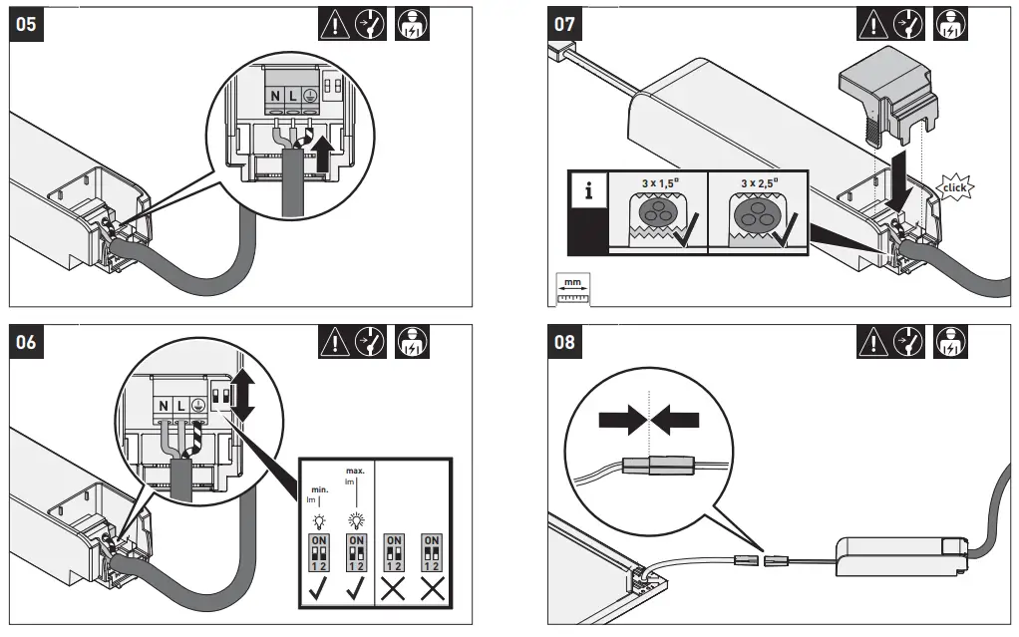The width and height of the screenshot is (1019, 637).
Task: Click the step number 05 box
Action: (28, 24)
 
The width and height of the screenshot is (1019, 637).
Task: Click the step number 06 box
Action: (28, 342)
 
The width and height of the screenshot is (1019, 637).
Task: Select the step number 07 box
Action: (564, 24)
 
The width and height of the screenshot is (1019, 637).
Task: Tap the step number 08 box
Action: (564, 342)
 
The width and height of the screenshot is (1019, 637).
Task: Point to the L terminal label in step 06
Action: (180, 407)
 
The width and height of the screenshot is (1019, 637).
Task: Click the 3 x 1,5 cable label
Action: (655, 183)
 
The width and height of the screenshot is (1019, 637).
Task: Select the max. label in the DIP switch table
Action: (354, 470)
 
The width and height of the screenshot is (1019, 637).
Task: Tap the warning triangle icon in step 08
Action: (870, 342)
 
